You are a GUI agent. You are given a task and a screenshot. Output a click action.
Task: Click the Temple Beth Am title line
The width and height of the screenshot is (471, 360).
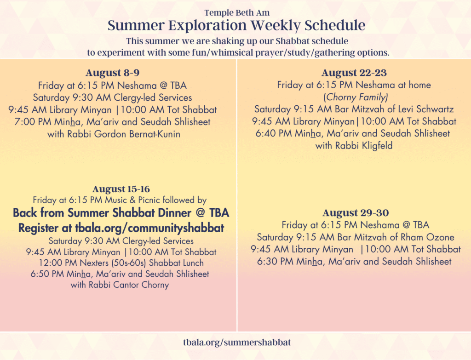[237, 13]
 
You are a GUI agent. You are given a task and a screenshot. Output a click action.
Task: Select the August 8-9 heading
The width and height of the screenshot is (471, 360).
[112, 73]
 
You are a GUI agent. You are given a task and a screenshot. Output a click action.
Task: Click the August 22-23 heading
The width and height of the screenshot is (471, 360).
[354, 73]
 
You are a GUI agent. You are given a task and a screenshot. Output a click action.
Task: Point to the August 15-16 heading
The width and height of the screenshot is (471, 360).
[121, 189]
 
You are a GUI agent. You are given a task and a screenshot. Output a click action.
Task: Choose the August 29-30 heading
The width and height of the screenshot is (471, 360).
[356, 213]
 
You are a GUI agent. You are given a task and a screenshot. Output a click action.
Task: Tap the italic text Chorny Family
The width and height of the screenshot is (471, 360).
[356, 97]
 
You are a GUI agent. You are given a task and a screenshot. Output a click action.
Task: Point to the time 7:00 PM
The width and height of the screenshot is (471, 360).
[33, 122]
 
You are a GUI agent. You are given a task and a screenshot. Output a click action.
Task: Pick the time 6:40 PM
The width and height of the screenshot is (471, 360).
[274, 134]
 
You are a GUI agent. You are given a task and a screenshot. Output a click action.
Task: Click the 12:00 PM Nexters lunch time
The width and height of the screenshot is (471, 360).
[58, 263]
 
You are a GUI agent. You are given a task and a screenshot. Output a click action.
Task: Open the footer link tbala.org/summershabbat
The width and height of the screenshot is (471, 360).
[237, 342]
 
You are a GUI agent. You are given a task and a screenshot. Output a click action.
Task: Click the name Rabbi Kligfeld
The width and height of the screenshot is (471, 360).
[364, 146]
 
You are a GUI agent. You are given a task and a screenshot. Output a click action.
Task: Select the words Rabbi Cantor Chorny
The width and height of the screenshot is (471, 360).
[129, 285]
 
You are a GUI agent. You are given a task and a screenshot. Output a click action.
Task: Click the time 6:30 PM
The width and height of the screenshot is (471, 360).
[275, 262]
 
